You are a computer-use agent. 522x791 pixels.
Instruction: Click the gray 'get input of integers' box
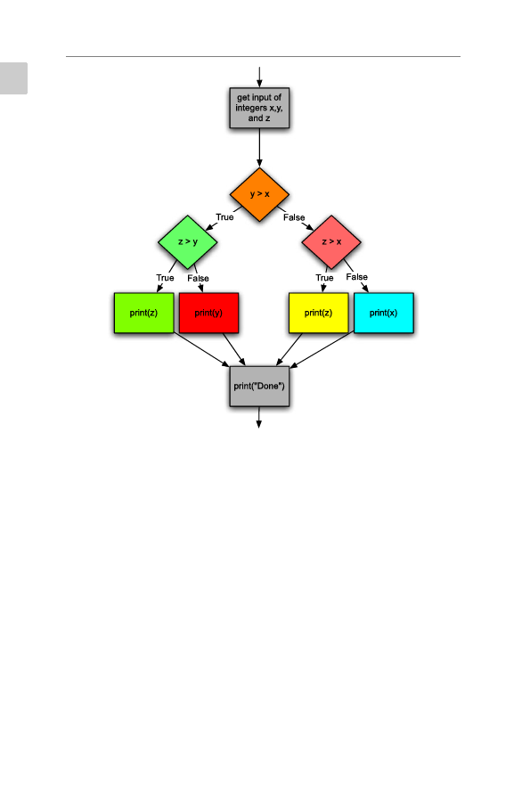point(259,108)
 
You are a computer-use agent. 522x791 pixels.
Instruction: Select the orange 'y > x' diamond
point(259,194)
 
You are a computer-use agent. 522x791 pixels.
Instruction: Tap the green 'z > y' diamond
point(188,242)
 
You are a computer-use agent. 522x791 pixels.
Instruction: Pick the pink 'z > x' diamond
point(331,242)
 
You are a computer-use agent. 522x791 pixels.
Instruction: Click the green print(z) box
point(143,313)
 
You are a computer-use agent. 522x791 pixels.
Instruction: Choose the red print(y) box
point(208,313)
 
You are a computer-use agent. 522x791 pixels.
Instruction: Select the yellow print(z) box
point(318,313)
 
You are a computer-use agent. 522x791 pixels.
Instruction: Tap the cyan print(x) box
point(384,313)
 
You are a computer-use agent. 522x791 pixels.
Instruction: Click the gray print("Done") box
point(259,387)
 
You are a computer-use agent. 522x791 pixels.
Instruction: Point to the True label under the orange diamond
point(224,217)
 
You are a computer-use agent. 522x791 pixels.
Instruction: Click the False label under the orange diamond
point(294,217)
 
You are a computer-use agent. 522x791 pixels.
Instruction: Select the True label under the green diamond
point(165,278)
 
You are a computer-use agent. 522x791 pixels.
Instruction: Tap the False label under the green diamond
point(198,279)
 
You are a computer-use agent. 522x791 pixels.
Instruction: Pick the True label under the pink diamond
point(324,278)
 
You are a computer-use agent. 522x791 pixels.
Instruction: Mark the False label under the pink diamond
point(356,277)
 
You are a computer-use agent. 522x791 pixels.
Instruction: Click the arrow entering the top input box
point(259,77)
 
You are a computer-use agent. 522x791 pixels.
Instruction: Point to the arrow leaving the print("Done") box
point(258,417)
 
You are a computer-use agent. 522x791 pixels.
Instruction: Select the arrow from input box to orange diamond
point(259,148)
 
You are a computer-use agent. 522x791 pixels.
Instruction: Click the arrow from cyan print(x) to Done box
point(322,349)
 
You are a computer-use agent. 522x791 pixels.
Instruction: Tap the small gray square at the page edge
point(13,78)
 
